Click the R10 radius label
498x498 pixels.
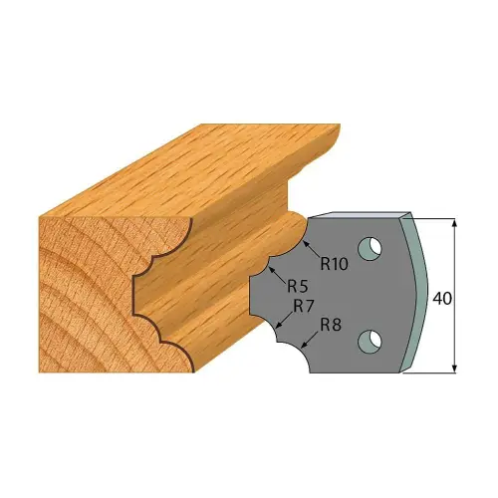pyautogui.click(x=334, y=264)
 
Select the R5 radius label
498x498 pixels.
pyautogui.click(x=298, y=287)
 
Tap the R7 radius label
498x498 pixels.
pyautogui.click(x=304, y=307)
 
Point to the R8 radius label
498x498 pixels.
pyautogui.click(x=331, y=326)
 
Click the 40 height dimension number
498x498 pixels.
pyautogui.click(x=442, y=299)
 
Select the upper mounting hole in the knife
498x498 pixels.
pyautogui.click(x=371, y=248)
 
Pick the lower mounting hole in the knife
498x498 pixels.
pyautogui.click(x=371, y=342)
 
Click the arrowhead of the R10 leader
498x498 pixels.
pyautogui.click(x=307, y=243)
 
